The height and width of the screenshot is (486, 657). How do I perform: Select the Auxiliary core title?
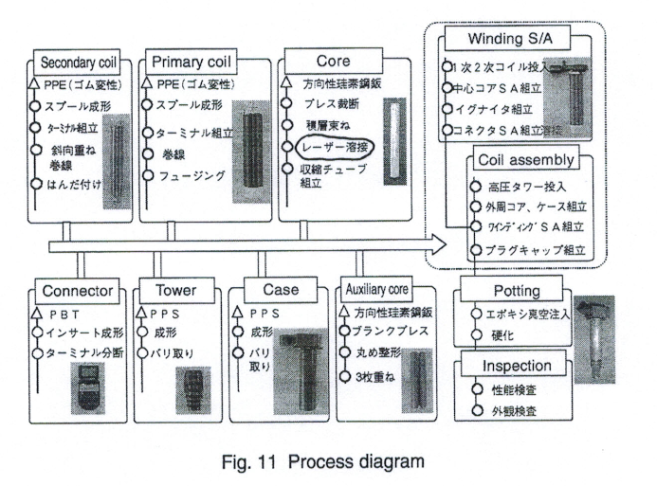pos(383,285)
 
